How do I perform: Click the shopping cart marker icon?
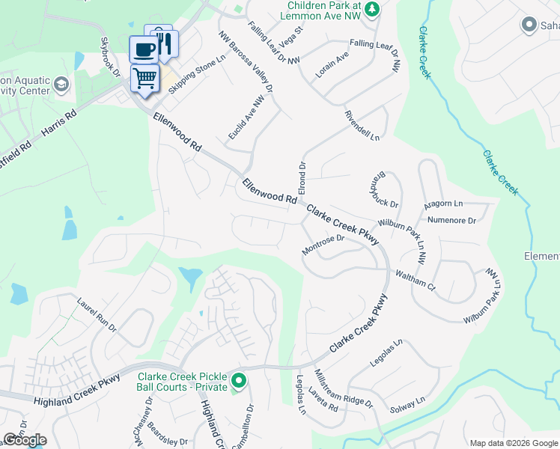[145, 76]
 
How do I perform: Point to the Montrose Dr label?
[323, 245]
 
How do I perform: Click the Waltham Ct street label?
[416, 279]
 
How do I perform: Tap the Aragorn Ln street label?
[444, 204]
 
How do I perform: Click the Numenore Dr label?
[451, 220]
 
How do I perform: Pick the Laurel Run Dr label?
[97, 315]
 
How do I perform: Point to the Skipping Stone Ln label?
[197, 75]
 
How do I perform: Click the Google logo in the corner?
[25, 440]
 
